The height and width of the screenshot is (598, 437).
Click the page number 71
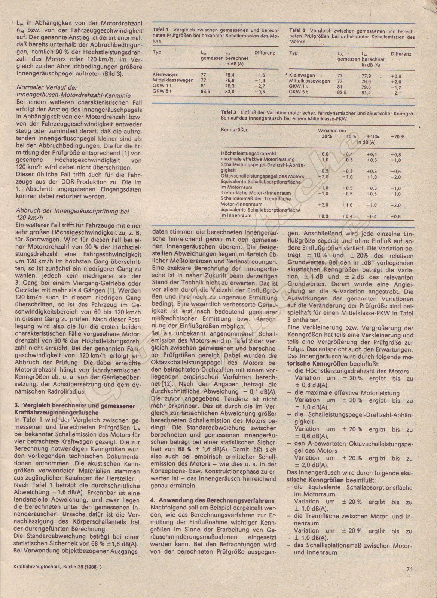coord(408,580)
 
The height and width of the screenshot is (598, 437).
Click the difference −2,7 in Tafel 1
coord(259,86)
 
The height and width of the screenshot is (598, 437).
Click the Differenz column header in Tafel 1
coord(265,53)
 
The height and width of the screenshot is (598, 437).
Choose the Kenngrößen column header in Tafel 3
coord(235,130)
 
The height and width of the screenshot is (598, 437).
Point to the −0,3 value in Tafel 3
coord(348,171)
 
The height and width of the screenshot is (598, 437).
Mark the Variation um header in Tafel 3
coord(332,131)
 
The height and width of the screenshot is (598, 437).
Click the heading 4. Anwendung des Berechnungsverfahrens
coord(213,500)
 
